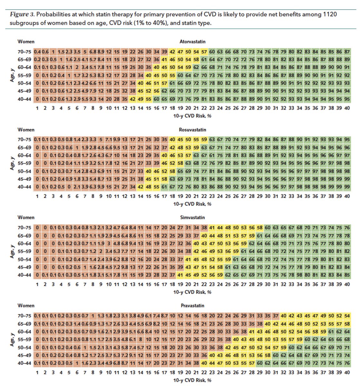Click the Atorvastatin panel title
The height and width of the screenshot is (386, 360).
point(192,42)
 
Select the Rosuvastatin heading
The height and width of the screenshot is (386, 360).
point(192,130)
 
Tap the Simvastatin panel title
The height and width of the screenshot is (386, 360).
point(192,218)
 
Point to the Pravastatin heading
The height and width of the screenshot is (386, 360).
point(192,306)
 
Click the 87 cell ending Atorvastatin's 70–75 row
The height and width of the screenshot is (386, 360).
point(347,52)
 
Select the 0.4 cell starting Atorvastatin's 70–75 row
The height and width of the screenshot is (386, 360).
point(37,52)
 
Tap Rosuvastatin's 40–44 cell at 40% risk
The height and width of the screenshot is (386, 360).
point(347,187)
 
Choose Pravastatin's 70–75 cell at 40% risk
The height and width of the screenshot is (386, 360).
point(347,316)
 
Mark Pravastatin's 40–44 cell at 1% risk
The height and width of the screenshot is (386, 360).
point(37,363)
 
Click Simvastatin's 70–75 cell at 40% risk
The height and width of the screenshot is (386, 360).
point(347,228)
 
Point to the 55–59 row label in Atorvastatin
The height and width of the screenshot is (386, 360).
point(24,76)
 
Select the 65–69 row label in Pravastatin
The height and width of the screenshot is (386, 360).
point(24,324)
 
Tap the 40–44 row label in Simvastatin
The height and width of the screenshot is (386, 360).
point(24,275)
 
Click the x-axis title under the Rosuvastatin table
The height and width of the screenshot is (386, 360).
point(192,204)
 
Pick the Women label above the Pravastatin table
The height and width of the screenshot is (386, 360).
point(26,306)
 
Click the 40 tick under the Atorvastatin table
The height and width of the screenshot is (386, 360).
point(347,108)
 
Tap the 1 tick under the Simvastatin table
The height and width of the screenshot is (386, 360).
point(37,284)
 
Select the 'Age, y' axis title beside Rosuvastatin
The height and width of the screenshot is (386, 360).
point(11,163)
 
